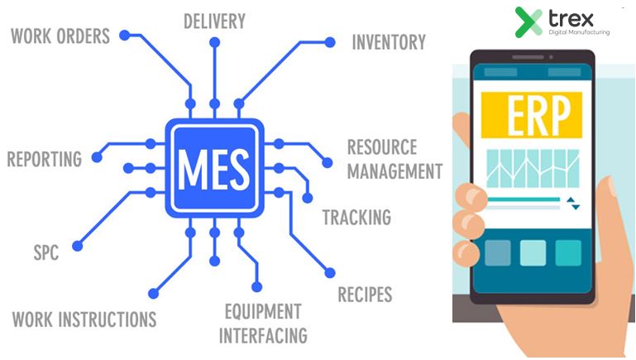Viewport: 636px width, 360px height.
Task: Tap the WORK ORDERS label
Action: (60, 36)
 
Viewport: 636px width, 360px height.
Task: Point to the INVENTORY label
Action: (388, 41)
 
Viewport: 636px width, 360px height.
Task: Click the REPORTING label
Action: (45, 158)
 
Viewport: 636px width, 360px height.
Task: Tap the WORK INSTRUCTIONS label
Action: (84, 319)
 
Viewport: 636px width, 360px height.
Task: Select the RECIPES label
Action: (365, 294)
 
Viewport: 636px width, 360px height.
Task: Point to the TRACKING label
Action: (356, 218)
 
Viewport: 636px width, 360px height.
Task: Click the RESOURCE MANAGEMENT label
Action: (394, 160)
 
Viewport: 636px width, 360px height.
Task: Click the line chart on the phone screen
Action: (533, 169)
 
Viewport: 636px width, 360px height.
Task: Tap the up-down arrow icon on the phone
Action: (574, 204)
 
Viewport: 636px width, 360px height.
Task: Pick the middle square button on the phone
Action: (533, 252)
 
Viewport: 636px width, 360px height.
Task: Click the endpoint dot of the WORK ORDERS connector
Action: (125, 36)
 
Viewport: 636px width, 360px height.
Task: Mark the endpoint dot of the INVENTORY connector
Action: (330, 41)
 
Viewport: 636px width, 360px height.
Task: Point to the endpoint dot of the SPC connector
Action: (78, 245)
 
